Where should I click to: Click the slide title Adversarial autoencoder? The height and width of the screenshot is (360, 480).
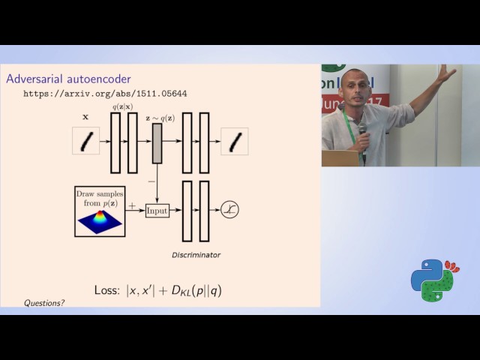(68, 79)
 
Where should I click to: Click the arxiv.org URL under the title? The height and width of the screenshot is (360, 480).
(105, 94)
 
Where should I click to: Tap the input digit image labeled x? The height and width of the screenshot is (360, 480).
(85, 141)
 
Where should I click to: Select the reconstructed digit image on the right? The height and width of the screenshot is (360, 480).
(234, 141)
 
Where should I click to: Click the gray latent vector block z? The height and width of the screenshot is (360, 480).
(157, 142)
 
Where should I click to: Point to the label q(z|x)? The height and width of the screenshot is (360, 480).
(124, 106)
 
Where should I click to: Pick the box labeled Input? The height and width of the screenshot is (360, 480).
(157, 211)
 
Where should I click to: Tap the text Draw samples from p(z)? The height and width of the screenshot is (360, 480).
(100, 199)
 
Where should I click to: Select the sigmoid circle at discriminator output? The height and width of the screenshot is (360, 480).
(230, 211)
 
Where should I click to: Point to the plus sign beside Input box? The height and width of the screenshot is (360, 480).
(133, 205)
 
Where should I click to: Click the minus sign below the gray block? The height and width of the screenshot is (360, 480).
(151, 181)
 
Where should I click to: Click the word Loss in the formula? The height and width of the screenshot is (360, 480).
(106, 289)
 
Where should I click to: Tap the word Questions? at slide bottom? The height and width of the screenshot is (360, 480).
(44, 303)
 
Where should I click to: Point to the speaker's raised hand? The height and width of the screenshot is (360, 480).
(447, 73)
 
